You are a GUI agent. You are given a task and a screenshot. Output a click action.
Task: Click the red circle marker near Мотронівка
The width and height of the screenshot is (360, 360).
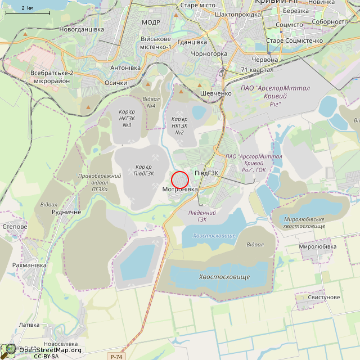pos(179,180)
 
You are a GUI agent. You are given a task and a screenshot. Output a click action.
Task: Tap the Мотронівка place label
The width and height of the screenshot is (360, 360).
pos(180,190)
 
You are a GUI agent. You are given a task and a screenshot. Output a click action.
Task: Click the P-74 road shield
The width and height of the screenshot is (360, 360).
pos(116,356)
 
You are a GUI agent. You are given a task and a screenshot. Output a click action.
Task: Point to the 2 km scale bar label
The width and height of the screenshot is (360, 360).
pos(27,8)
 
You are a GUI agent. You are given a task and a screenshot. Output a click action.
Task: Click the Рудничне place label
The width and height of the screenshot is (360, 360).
pos(66,212)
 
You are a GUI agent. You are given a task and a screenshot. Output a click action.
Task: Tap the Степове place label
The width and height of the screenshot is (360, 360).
pos(15,226)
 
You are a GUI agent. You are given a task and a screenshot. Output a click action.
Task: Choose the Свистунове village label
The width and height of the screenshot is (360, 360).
pos(324,297)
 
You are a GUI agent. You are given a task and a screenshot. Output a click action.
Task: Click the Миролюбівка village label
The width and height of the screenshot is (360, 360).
pos(318,246)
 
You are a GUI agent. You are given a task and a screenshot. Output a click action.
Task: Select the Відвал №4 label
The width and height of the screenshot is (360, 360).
pos(151,102)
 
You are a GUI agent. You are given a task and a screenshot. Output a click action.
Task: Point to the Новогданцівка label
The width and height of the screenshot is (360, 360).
pos(82,29)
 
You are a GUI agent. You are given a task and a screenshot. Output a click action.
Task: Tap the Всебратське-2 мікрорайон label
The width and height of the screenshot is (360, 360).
pos(52,77)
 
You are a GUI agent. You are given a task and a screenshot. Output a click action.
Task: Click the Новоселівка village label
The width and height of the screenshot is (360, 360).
pos(60,344)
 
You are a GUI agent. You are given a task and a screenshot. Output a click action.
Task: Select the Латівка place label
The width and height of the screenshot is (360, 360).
pos(29,325)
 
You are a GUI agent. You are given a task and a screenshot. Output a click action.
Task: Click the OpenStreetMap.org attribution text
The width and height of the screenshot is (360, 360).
pos(50,350)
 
